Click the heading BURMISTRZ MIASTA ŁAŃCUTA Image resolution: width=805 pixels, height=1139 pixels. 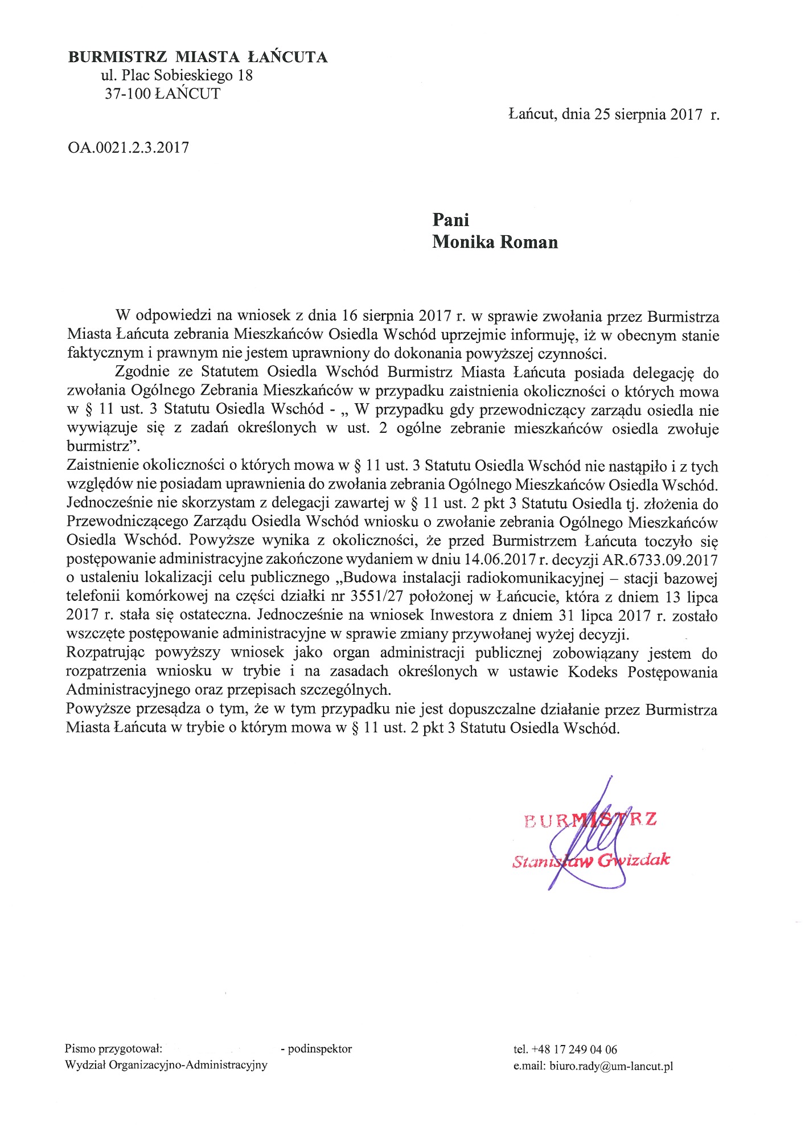click(x=198, y=57)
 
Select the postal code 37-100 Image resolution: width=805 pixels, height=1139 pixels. click(x=128, y=94)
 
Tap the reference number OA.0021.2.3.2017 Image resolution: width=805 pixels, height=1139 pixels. click(x=128, y=148)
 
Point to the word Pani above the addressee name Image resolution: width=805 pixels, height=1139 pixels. click(x=451, y=220)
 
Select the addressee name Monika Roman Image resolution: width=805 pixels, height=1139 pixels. click(x=495, y=242)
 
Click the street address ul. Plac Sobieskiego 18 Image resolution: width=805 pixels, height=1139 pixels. click(x=176, y=75)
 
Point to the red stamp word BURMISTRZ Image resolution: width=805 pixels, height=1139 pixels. click(x=590, y=820)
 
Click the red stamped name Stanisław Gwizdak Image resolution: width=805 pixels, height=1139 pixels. click(x=591, y=860)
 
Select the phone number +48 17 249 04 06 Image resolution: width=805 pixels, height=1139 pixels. click(x=574, y=1049)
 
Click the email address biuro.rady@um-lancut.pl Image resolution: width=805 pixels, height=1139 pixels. click(x=611, y=1067)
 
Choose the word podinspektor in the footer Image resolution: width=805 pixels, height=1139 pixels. click(x=320, y=1048)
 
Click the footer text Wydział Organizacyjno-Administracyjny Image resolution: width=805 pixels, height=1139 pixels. click(x=166, y=1065)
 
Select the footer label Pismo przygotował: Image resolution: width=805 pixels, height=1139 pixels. click(x=114, y=1048)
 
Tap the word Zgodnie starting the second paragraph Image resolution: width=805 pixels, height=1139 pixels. click(x=142, y=373)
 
